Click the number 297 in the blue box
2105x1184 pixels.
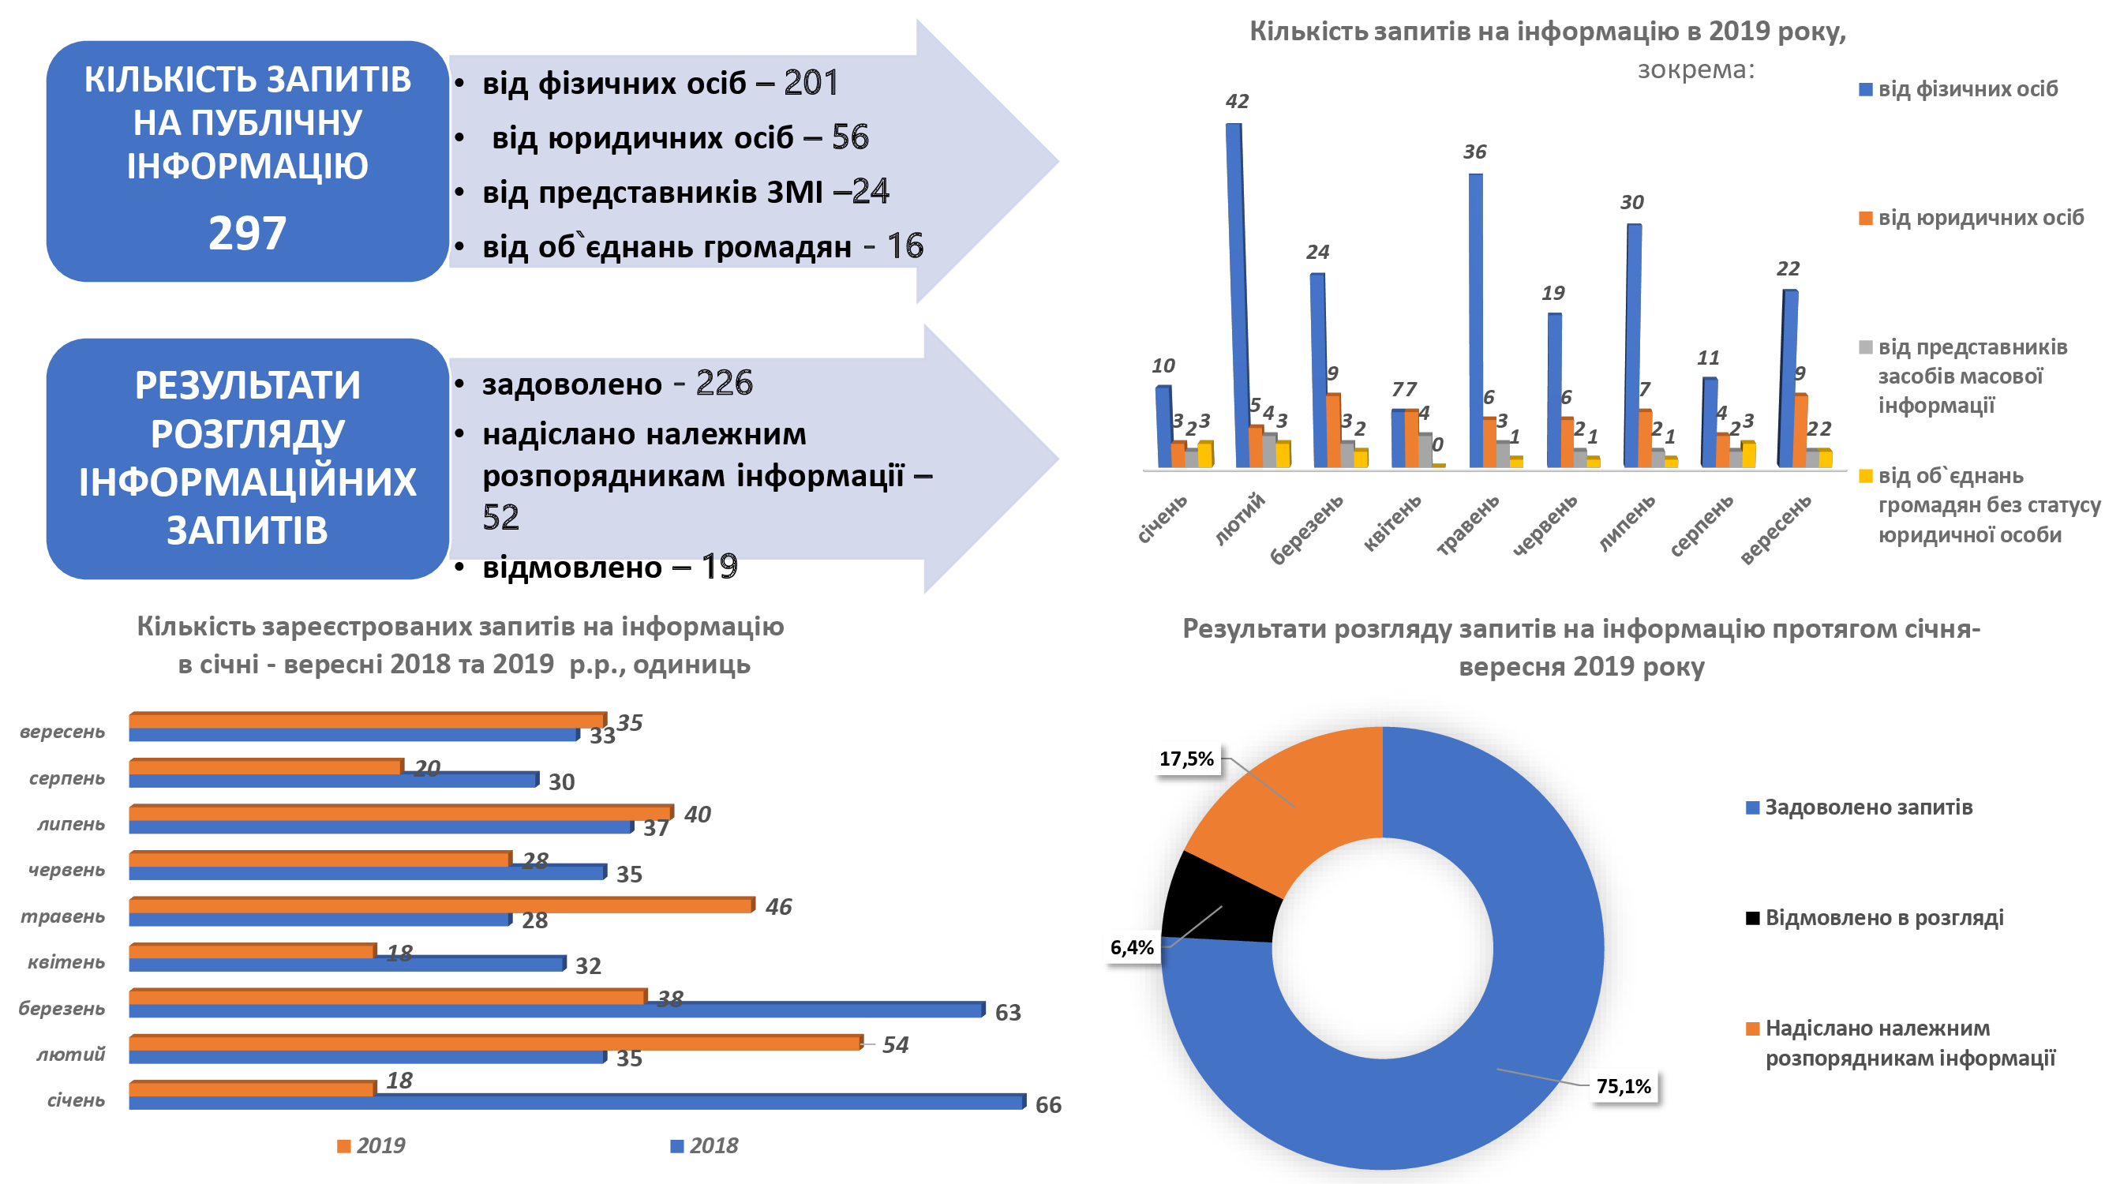pos(247,233)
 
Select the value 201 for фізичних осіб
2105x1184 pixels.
pos(811,83)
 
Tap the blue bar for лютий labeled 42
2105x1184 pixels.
pos(1233,294)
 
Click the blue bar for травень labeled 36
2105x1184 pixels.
pos(1476,319)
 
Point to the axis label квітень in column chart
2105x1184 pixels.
pos(1393,523)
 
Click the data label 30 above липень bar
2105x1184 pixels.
pos(1632,203)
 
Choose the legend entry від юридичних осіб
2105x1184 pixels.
pos(1980,218)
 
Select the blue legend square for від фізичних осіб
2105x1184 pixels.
pos(1866,90)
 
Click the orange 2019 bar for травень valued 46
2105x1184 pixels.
pos(441,905)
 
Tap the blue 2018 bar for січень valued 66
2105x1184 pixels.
pos(576,1102)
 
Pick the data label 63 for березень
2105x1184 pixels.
pos(1008,1013)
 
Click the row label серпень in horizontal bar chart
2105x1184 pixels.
pos(67,778)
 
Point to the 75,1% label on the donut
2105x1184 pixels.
pos(1623,1086)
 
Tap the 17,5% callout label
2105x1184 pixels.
pos(1185,759)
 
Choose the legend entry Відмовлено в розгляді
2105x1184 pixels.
pos(1883,918)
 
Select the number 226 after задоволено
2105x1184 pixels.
pos(724,384)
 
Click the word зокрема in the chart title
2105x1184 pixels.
pos(1694,69)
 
